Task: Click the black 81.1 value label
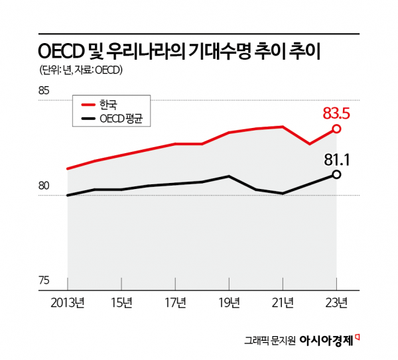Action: (x=336, y=159)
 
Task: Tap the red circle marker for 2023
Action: (x=336, y=129)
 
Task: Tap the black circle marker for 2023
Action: (x=336, y=174)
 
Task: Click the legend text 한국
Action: (x=107, y=104)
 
